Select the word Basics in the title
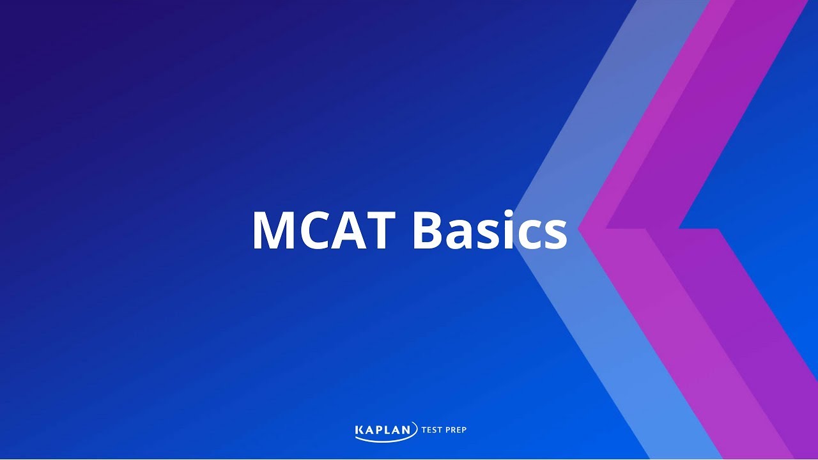490,230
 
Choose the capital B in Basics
429,230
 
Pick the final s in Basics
553,236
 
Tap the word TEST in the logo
433,430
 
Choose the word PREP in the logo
457,430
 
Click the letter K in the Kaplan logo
359,430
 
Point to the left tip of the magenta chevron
580,228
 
